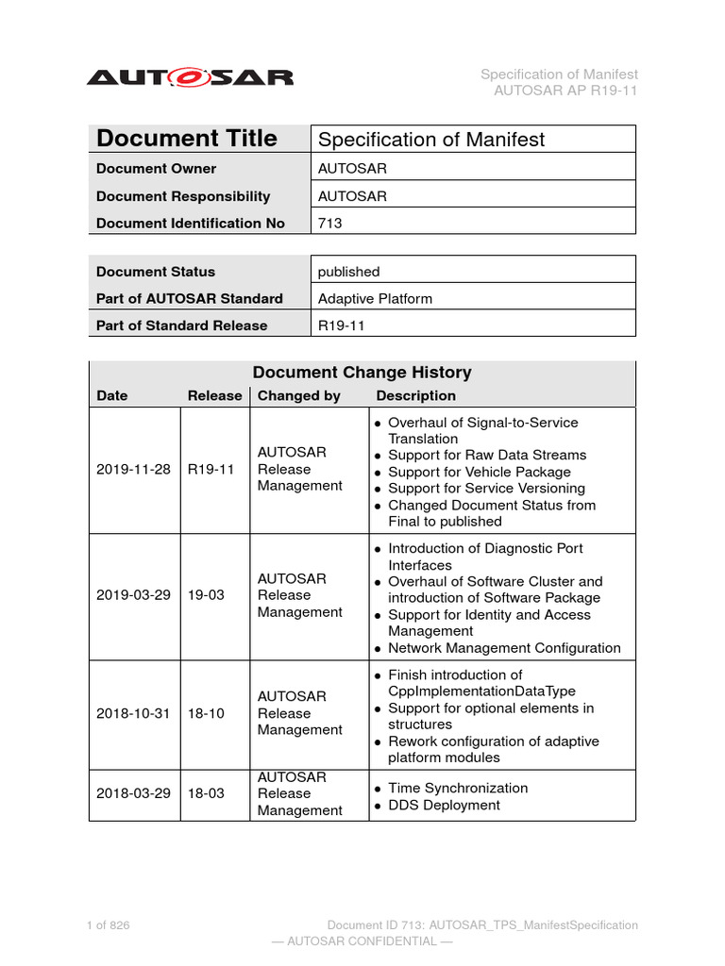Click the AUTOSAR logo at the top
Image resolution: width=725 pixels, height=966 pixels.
(190, 77)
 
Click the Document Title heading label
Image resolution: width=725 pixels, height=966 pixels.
(187, 139)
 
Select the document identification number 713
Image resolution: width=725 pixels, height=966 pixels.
(330, 224)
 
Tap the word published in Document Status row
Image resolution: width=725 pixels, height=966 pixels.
(348, 272)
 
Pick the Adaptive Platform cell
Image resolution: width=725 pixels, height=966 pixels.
(375, 298)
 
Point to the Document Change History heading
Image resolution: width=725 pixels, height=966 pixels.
(362, 373)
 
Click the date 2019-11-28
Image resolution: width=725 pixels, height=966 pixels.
(133, 469)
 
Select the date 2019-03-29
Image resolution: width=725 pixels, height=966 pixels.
(133, 595)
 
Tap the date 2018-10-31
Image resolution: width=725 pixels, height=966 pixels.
(133, 713)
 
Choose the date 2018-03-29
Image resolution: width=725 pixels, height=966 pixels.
(133, 793)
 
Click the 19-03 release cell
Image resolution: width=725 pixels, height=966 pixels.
(206, 595)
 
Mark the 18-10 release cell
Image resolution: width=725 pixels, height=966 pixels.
(206, 713)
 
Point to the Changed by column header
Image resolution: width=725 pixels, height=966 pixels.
(299, 396)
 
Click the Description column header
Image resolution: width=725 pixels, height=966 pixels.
(415, 396)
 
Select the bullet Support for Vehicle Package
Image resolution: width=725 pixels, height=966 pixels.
(479, 472)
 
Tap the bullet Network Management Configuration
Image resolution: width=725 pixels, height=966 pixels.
(504, 648)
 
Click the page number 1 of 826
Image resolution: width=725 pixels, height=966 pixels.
(109, 925)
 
